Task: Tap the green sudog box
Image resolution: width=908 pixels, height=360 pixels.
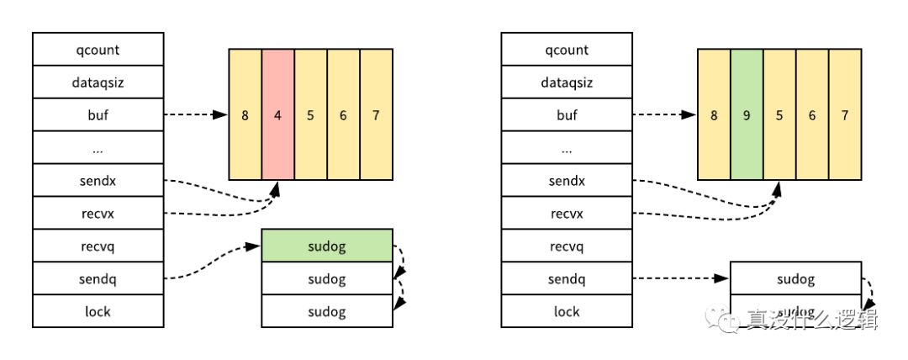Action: [x=327, y=245]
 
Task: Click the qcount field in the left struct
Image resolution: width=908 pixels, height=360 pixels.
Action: [x=98, y=50]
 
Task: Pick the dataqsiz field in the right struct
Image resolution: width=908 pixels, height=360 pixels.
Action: [x=567, y=82]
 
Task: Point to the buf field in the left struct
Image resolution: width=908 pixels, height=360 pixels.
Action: [x=98, y=115]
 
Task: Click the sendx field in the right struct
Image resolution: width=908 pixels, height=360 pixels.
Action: [x=567, y=181]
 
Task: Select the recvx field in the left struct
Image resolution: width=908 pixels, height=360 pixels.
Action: [x=98, y=214]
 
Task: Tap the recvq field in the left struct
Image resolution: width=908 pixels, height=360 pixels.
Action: [x=98, y=246]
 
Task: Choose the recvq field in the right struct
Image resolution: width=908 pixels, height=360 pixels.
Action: [x=567, y=246]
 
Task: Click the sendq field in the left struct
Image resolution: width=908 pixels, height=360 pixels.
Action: [x=98, y=279]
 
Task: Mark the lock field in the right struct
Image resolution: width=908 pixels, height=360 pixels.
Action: [x=567, y=311]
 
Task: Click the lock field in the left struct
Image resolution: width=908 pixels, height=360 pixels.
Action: [x=98, y=311]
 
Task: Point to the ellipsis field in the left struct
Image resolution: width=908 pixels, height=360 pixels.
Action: [x=98, y=148]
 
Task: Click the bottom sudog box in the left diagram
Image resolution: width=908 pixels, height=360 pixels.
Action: [x=327, y=310]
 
